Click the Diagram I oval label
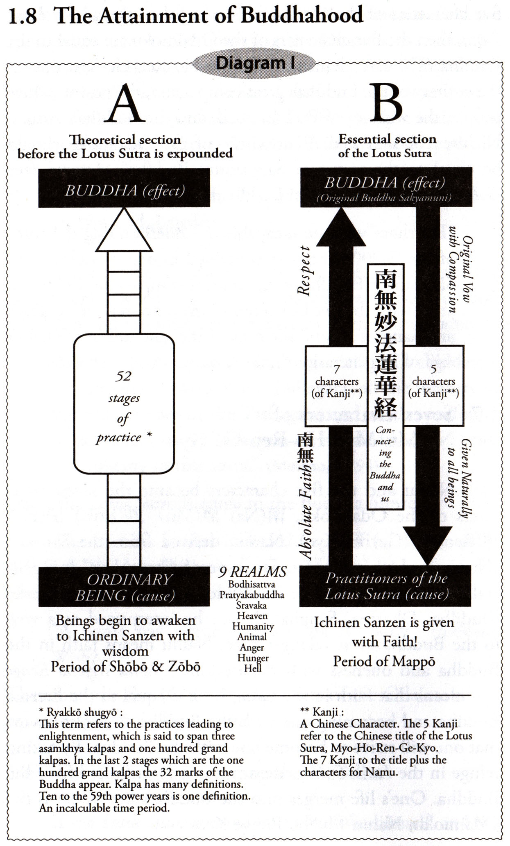(254, 63)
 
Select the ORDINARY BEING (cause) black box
(124, 587)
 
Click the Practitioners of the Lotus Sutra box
(385, 586)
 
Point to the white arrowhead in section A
(124, 232)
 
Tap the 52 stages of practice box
(124, 404)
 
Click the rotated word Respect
(304, 271)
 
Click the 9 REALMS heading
(252, 572)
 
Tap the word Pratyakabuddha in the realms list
(252, 595)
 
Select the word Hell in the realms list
(252, 668)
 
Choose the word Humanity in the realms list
(253, 626)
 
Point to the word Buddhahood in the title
(301, 16)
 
